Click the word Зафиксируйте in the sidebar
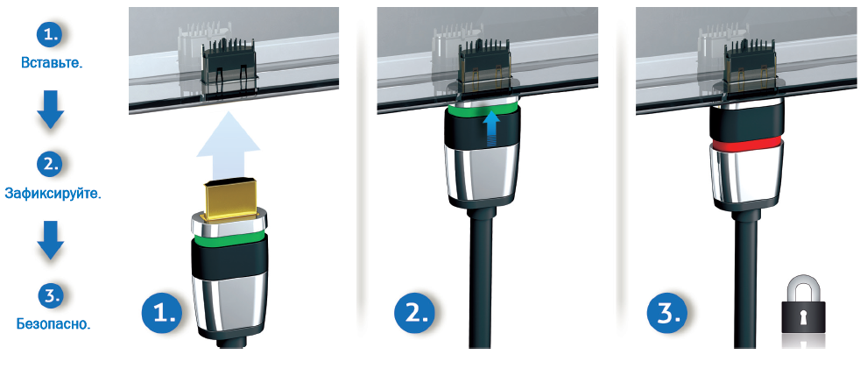pos(53,193)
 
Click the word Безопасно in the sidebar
pos(53,323)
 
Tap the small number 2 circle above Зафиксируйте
pos(51,164)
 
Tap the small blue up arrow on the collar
pos(492,130)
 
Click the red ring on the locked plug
pos(747,144)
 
